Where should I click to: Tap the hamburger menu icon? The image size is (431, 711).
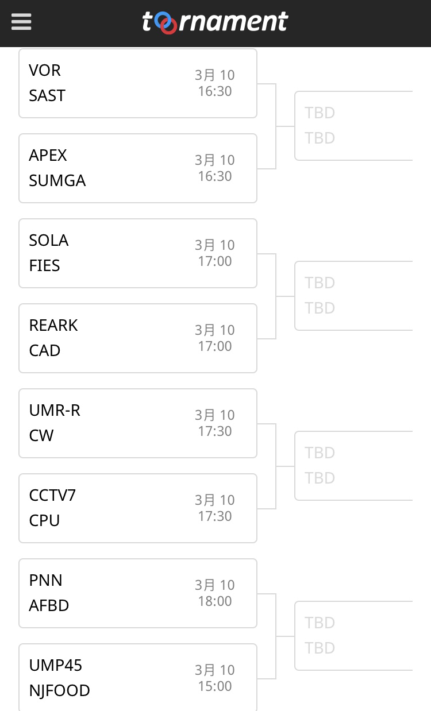tap(21, 22)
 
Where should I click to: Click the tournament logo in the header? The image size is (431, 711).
tap(215, 22)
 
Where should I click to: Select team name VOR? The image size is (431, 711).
tap(45, 70)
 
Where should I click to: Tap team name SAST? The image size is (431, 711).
tap(47, 95)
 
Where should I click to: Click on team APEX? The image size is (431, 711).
tap(48, 155)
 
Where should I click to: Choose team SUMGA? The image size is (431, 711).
tap(57, 180)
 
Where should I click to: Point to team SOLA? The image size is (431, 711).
tap(49, 240)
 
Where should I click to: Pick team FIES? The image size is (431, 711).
tap(45, 265)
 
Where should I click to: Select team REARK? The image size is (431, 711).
tap(53, 325)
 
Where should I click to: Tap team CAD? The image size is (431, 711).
tap(45, 350)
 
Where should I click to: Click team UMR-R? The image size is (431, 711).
tap(55, 410)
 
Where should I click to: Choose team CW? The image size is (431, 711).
tap(41, 435)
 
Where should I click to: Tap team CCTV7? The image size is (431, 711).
tap(52, 495)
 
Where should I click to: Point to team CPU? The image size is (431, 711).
tap(44, 520)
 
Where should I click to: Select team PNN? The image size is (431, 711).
tap(46, 580)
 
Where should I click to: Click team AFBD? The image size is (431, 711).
tap(49, 605)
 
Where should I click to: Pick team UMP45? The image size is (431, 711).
tap(56, 665)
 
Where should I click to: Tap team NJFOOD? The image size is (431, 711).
tap(60, 690)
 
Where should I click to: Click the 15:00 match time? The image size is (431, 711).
tap(215, 686)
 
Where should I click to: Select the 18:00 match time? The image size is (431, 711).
tap(215, 601)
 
